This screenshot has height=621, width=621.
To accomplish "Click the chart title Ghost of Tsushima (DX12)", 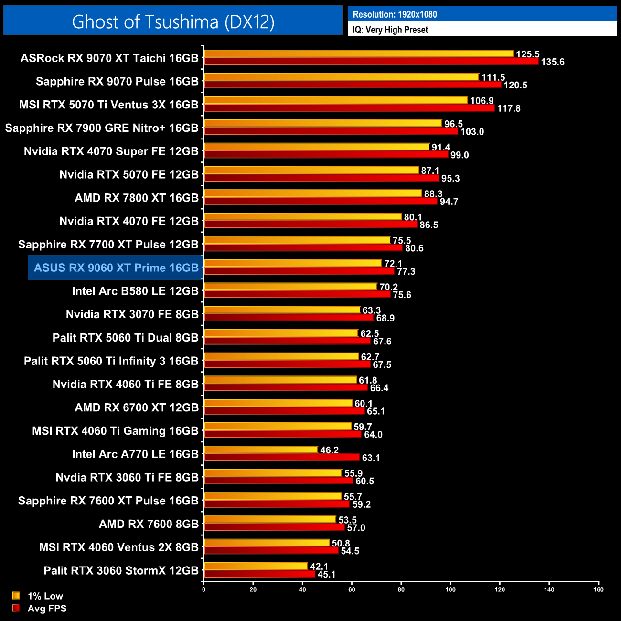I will pyautogui.click(x=173, y=21).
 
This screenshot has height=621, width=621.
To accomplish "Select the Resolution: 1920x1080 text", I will pyautogui.click(x=395, y=14).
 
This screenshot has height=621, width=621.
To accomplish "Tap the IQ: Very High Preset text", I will pyautogui.click(x=390, y=30).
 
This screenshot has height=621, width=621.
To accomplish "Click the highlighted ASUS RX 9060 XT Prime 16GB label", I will pyautogui.click(x=116, y=268).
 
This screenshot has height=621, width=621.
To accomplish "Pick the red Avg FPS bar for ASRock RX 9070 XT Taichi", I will pyautogui.click(x=371, y=62).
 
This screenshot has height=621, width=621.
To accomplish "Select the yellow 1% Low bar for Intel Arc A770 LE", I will pyautogui.click(x=261, y=450).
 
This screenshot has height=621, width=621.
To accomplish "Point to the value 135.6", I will pyautogui.click(x=553, y=62).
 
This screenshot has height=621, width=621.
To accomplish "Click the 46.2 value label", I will pyautogui.click(x=329, y=450).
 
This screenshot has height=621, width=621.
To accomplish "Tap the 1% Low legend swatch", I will pyautogui.click(x=16, y=596).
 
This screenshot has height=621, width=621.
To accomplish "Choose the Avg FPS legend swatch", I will pyautogui.click(x=16, y=608).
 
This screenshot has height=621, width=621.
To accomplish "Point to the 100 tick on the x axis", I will pyautogui.click(x=450, y=589).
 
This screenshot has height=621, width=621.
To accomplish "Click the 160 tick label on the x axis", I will pyautogui.click(x=599, y=589).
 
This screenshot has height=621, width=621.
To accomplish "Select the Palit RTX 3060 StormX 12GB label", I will pyautogui.click(x=121, y=570).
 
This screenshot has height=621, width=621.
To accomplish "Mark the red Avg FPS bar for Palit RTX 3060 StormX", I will pyautogui.click(x=259, y=574).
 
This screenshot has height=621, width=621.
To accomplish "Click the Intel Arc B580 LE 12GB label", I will pyautogui.click(x=135, y=291).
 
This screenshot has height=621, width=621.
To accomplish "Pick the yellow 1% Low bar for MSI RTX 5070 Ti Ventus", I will pyautogui.click(x=336, y=100).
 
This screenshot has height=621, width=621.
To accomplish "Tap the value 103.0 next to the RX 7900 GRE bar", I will pyautogui.click(x=472, y=132).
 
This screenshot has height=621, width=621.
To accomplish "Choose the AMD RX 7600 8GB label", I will pyautogui.click(x=149, y=524).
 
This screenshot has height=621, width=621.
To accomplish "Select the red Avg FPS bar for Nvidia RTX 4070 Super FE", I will pyautogui.click(x=326, y=155).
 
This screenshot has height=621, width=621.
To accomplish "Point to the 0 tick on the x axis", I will pyautogui.click(x=204, y=589).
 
